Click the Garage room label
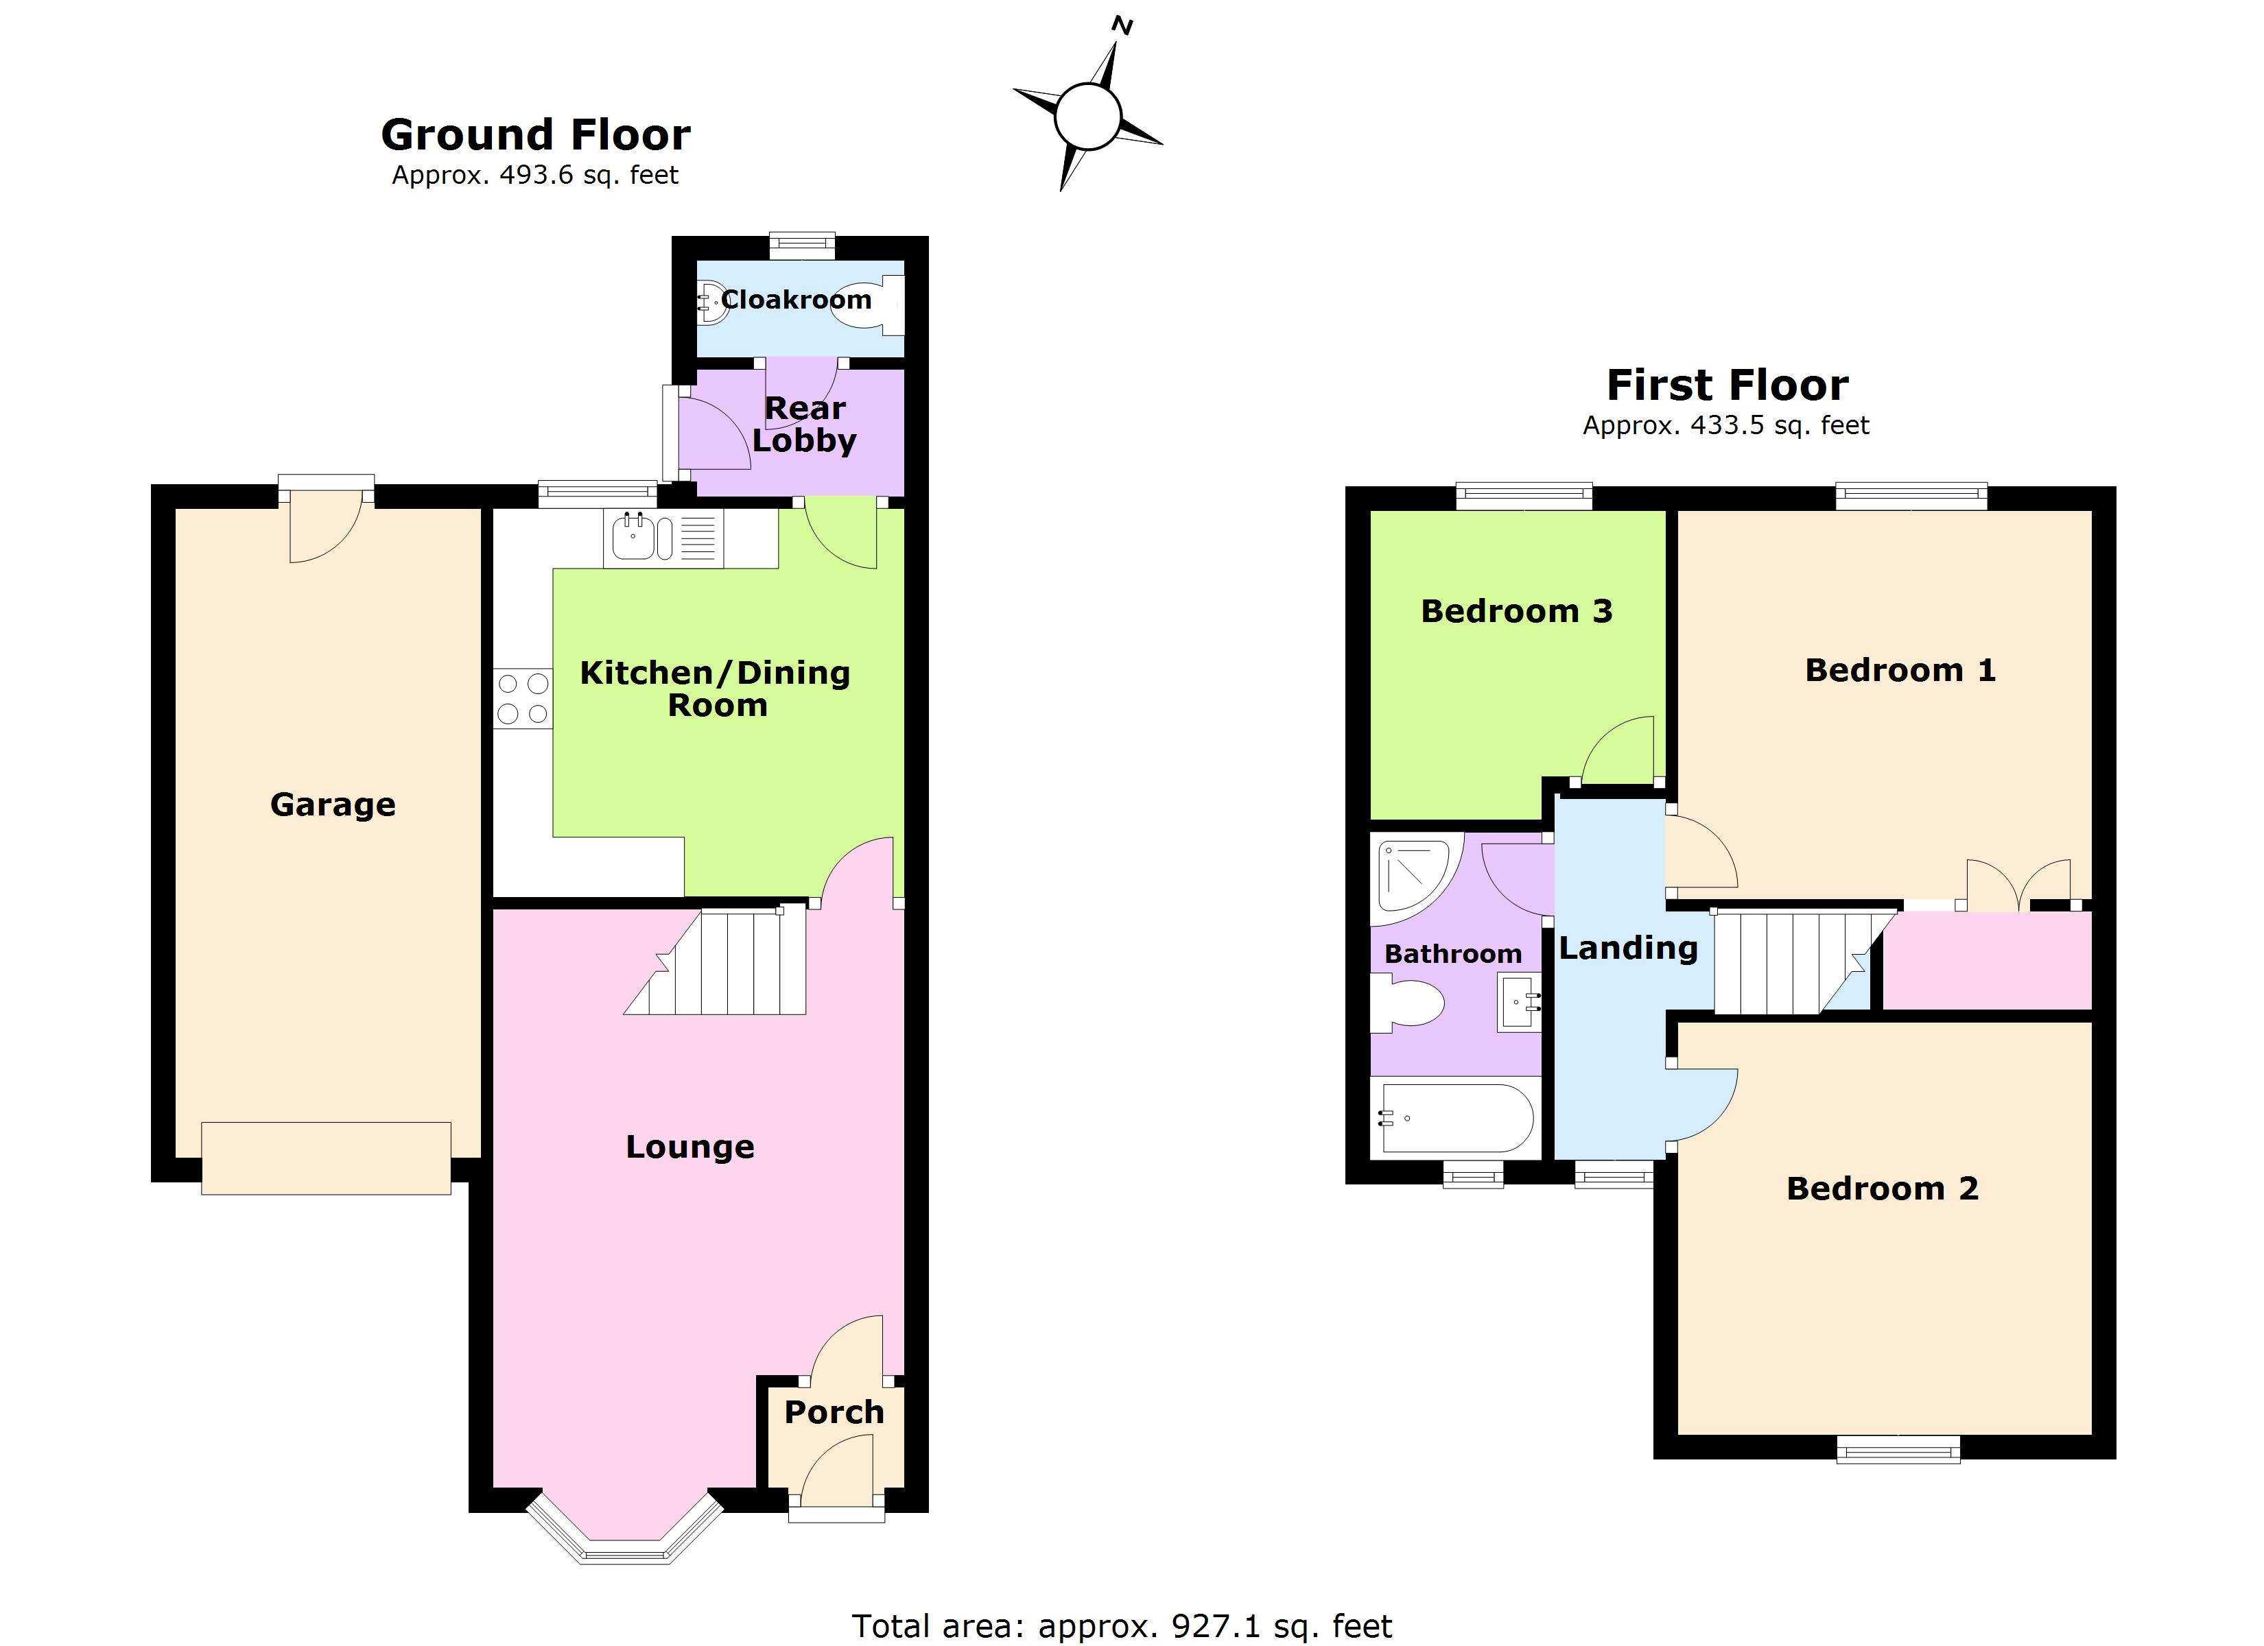(x=333, y=804)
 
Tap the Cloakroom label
(x=796, y=300)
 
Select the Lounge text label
(x=689, y=1147)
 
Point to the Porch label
(x=834, y=1411)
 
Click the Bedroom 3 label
(x=1516, y=611)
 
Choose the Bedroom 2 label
(x=1882, y=1188)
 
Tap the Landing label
(x=1628, y=949)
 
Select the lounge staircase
(x=716, y=960)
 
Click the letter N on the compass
(x=1122, y=27)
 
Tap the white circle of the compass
(x=1087, y=117)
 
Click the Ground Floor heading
(x=536, y=134)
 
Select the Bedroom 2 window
(x=1898, y=1449)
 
